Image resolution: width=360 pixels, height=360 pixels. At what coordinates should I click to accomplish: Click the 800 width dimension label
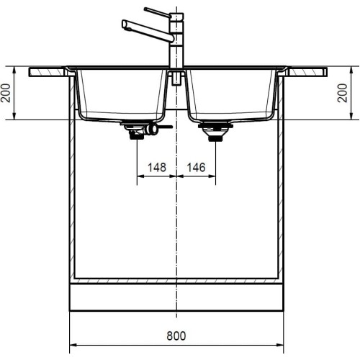pos(177,335)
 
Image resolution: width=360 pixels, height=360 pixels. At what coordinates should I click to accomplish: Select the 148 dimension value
pos(157,167)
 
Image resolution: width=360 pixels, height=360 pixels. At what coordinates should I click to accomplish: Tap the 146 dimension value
pos(196,167)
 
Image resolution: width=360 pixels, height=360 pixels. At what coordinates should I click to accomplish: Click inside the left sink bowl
pos(122,94)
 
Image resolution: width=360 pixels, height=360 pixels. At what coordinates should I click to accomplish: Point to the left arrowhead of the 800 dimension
pos(72,342)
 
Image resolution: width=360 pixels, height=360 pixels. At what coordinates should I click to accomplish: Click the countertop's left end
pos(35,72)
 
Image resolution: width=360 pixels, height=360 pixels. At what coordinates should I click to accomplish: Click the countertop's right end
pos(322,72)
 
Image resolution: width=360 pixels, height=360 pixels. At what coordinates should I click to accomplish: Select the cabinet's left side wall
pos(72,180)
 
